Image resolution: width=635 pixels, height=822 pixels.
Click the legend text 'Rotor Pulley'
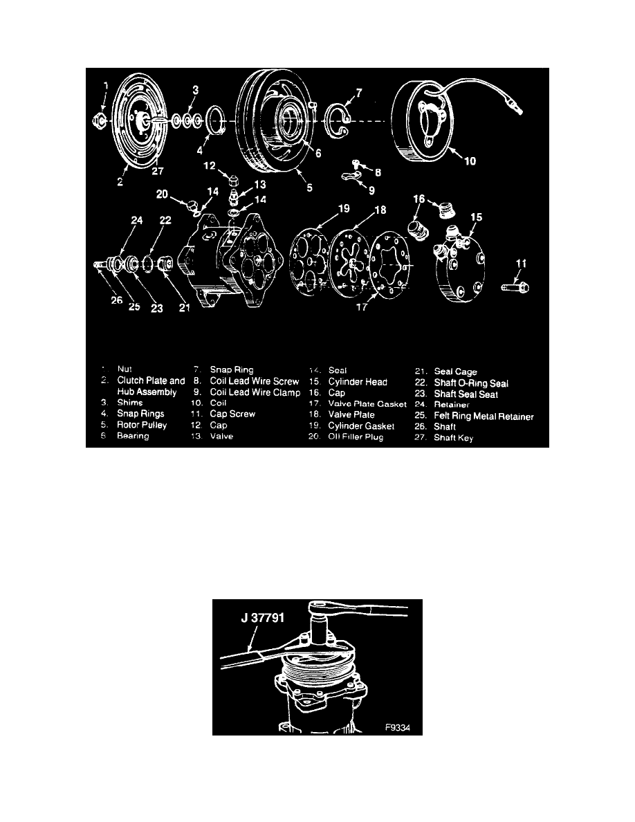coord(142,426)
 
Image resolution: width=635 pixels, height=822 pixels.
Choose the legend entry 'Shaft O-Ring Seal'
coord(472,383)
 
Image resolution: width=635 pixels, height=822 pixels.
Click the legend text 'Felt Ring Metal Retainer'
coord(484,415)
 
